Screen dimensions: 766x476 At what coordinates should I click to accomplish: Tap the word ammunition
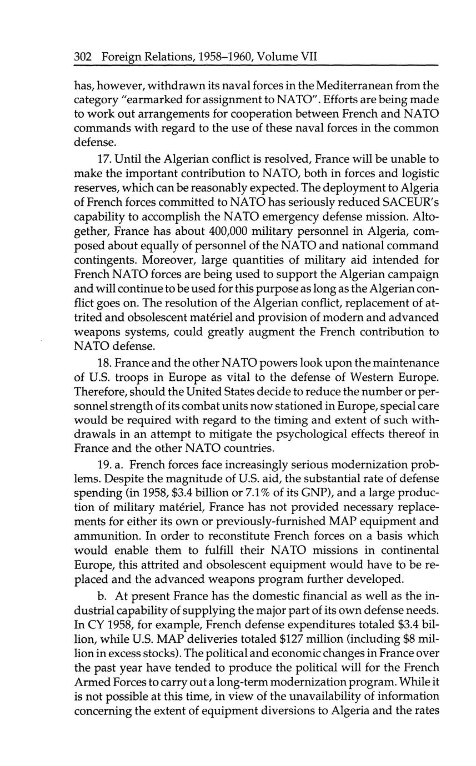(x=103, y=536)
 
